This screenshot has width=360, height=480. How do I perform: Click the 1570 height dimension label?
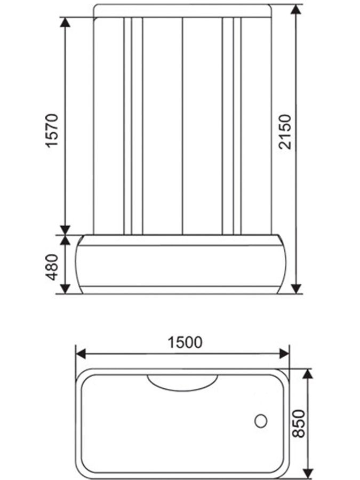pyautogui.click(x=51, y=131)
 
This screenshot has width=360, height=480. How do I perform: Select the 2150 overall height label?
pyautogui.click(x=286, y=131)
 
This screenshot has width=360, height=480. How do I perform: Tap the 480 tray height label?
pyautogui.click(x=51, y=266)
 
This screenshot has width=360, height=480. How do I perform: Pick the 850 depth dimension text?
pyautogui.click(x=299, y=423)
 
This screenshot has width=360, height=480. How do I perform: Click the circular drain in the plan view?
pyautogui.click(x=261, y=421)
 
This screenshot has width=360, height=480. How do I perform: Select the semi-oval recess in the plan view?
pyautogui.click(x=182, y=382)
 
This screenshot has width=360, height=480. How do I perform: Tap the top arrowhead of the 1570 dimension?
pyautogui.click(x=65, y=22)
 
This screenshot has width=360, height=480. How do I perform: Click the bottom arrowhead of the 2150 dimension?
pyautogui.click(x=297, y=289)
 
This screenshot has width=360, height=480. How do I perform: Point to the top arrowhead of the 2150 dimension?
pyautogui.click(x=297, y=10)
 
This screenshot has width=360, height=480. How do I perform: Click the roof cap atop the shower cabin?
pyautogui.click(x=182, y=11)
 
